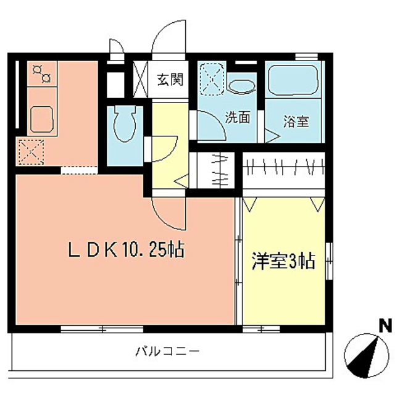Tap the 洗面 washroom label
coord(237,117)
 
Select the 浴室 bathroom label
coord(295,121)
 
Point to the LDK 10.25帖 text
coord(124,250)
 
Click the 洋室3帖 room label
coord(283,262)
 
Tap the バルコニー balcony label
coord(167,352)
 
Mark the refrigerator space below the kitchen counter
coord(28,151)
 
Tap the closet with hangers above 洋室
coord(285,167)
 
